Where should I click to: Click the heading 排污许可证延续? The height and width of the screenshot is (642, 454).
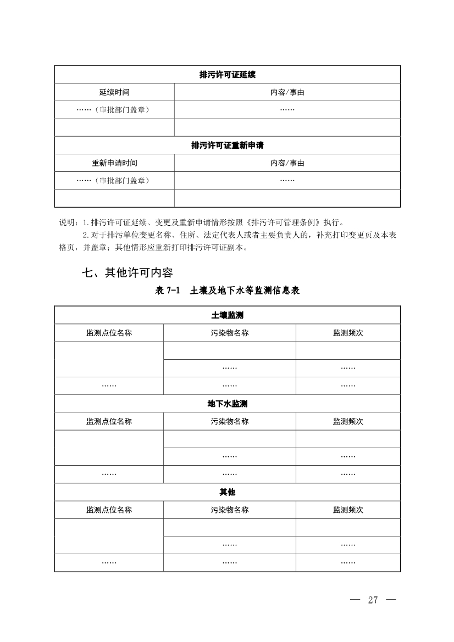coord(227,74)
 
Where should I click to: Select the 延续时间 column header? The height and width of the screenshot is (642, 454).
coord(114,92)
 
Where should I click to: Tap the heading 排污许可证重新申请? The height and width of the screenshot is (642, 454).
coord(227,146)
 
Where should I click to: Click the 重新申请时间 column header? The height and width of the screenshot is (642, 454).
coord(114,163)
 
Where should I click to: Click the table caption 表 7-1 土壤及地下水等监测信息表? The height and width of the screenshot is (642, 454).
coord(227,291)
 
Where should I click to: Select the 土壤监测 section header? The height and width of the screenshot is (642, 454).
coord(227,315)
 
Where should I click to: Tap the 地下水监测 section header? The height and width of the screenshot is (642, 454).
coord(227,404)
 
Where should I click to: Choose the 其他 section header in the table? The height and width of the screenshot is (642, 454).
coord(227,492)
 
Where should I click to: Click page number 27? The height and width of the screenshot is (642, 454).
coord(373,599)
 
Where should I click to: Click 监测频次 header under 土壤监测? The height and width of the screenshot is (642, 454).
coord(348,333)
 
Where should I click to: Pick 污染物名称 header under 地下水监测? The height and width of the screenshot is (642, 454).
coord(229,421)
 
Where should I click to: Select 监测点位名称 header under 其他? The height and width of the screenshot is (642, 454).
coord(109,510)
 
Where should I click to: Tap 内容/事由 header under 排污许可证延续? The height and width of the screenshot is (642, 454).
coord(287,92)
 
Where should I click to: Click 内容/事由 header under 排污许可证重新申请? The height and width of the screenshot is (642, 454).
coord(287,163)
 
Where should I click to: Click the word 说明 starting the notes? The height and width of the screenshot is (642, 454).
coord(67,223)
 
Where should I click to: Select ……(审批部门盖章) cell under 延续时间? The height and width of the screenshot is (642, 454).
coord(114,110)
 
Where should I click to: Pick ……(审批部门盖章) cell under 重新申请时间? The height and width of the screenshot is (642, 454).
coord(114,181)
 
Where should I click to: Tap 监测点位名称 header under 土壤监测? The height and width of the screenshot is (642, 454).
coord(109,333)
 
